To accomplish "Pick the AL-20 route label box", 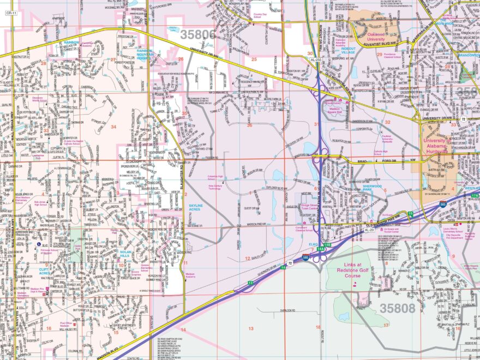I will tap(369, 230).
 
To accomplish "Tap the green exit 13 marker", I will tap(250, 283).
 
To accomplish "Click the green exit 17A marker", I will tap(475, 195).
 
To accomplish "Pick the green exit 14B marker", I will tap(328, 245).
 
